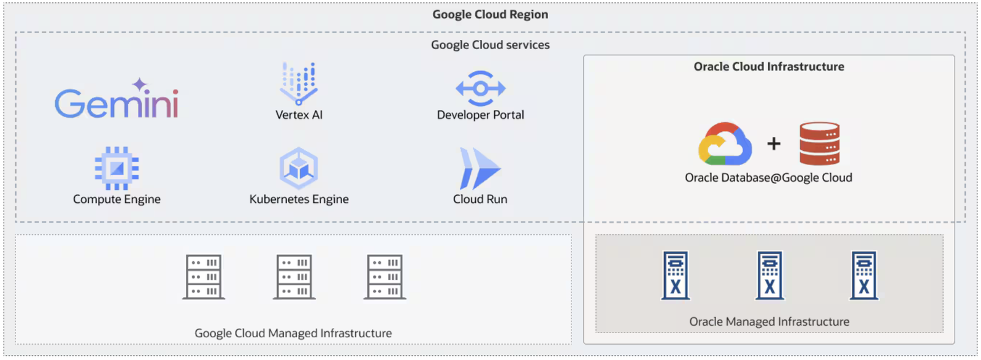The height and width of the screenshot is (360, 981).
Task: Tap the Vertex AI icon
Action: click(299, 83)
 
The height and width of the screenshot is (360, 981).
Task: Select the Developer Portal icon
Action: click(481, 88)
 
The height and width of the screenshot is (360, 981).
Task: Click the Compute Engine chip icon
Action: click(117, 168)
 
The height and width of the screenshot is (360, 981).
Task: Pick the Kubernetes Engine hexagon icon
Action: click(299, 168)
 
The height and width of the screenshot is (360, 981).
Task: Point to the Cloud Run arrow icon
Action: click(479, 169)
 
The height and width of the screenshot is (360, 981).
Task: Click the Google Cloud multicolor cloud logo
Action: click(725, 144)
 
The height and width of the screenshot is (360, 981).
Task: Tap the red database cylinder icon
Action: click(819, 144)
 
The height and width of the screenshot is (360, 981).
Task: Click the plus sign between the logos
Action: click(774, 144)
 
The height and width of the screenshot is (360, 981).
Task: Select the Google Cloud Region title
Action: click(490, 15)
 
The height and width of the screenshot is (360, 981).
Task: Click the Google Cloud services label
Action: click(490, 45)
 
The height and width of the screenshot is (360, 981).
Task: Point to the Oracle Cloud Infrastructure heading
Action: click(769, 67)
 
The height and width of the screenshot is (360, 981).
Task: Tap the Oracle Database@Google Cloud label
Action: click(769, 177)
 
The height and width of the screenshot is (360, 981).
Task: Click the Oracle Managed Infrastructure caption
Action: click(769, 321)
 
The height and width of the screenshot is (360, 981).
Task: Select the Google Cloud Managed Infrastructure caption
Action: click(293, 333)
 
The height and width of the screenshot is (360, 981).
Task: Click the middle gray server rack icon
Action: click(294, 277)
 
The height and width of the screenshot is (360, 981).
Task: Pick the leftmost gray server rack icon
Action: click(204, 277)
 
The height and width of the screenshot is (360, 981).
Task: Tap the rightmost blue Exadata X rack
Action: click(864, 275)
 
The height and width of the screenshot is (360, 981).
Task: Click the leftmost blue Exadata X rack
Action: click(675, 275)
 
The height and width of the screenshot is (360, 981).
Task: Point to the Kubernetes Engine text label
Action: click(299, 199)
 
